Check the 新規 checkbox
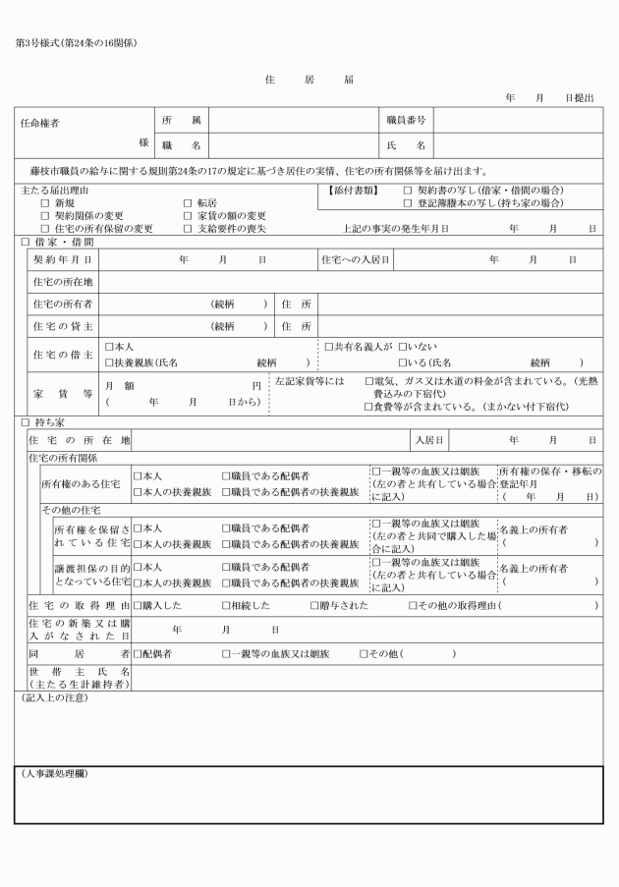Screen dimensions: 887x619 tap(44, 201)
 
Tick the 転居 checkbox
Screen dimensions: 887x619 tap(188, 201)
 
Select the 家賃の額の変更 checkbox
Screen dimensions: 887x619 tap(188, 214)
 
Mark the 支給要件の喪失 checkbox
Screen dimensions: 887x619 tap(188, 227)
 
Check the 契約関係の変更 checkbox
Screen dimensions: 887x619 tap(44, 214)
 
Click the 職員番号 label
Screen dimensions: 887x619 tap(405, 120)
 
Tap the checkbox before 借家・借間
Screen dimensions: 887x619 tap(25, 241)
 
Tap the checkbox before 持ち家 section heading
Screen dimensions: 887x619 tap(25, 421)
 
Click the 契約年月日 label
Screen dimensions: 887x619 tap(63, 259)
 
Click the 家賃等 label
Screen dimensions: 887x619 tap(63, 393)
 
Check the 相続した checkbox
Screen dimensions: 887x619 tap(227, 605)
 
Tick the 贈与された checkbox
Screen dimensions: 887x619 tap(315, 605)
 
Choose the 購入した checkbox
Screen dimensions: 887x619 tap(138, 605)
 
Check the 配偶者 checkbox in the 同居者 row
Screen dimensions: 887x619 tap(138, 653)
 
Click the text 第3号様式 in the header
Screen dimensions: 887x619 tap(37, 42)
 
